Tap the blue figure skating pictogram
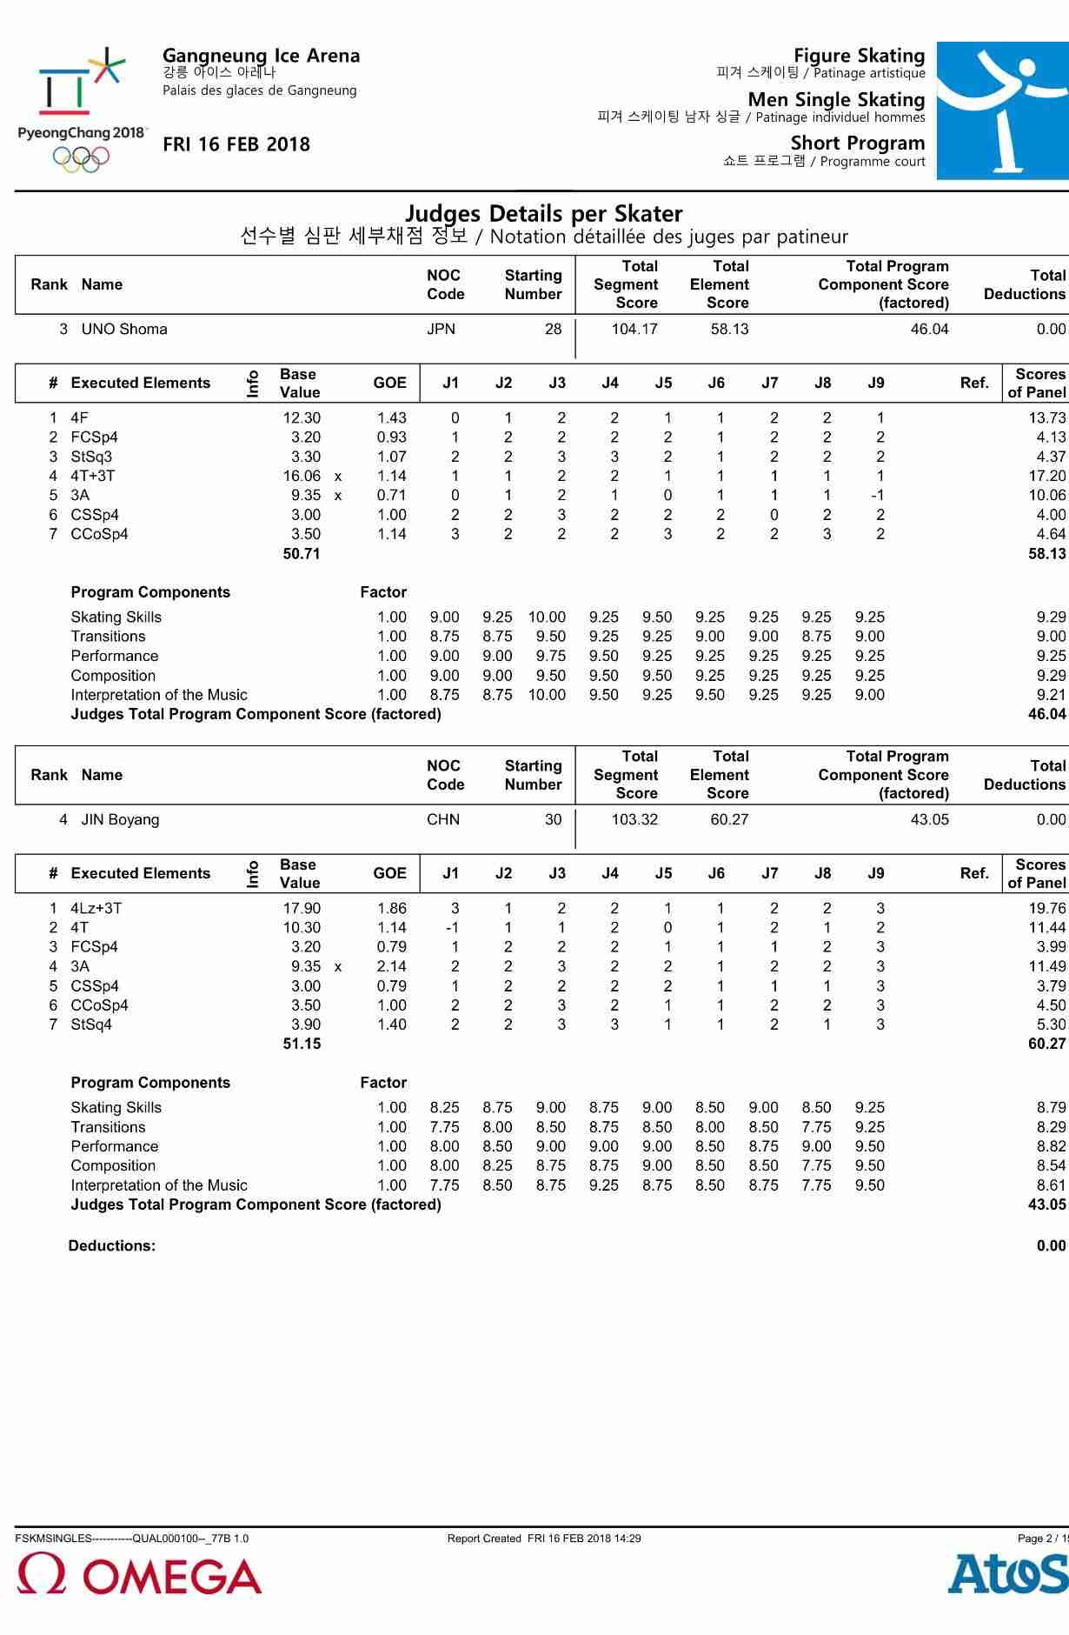pos(1002,110)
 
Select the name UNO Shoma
pos(124,330)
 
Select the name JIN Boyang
pos(120,820)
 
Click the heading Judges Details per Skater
pos(544,214)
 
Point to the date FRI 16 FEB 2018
pos(236,145)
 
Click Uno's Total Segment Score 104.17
pos(634,330)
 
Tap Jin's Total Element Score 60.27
pos(729,820)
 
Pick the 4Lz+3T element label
pos(96,909)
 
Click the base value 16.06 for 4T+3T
pos(302,477)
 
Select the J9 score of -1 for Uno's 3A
pos(878,496)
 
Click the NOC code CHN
pos(443,820)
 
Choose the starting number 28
pos(553,330)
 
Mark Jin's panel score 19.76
pos(1046,909)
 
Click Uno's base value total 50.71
pos(302,554)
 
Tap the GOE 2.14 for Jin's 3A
pos(392,967)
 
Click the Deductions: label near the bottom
pos(112,1246)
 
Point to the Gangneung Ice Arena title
pos(261,57)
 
